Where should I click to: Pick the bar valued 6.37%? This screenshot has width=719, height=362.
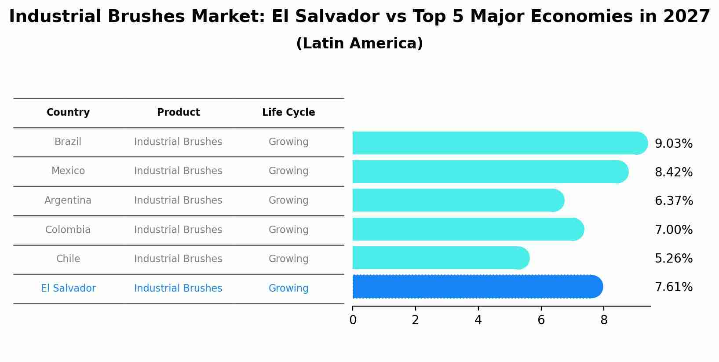point(458,201)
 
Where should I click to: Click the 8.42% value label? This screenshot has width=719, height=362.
point(673,172)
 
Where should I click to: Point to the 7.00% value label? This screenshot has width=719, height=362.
point(673,230)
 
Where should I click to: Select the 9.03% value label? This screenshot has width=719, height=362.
point(673,144)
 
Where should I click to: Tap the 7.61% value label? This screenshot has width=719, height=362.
point(673,287)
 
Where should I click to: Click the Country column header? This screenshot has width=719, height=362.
point(68,113)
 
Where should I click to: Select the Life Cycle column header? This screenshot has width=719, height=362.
point(288,113)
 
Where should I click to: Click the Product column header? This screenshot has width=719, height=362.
point(178,113)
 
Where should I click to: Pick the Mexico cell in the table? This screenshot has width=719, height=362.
point(68,171)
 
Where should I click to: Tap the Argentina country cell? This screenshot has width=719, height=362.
point(68,201)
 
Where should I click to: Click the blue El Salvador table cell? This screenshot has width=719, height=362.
point(68,289)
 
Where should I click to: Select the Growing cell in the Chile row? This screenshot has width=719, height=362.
point(288,259)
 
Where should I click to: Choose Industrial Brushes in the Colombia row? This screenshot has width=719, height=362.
point(178,230)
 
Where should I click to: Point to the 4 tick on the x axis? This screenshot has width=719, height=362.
point(478,320)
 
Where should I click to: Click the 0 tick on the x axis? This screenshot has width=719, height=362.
point(353,320)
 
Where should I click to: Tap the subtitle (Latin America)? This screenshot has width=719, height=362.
point(359,44)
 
